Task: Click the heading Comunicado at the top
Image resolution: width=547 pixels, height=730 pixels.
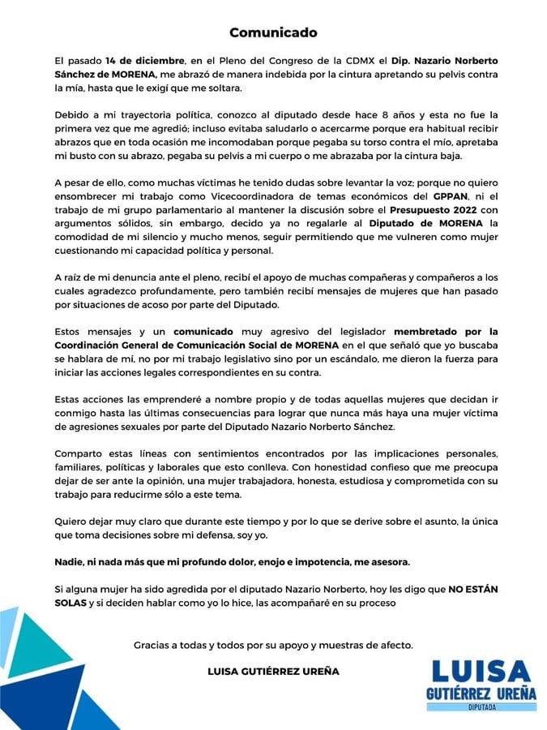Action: [x=273, y=32]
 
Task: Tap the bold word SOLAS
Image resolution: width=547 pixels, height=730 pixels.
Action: [x=71, y=603]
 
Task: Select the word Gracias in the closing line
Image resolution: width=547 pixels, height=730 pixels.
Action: [x=154, y=646]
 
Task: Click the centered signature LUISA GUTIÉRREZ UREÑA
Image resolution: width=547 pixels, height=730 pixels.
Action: [x=273, y=672]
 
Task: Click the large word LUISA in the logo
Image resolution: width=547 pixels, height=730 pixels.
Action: [x=481, y=672]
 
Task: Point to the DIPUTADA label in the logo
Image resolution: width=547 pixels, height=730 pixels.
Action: [x=481, y=706]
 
